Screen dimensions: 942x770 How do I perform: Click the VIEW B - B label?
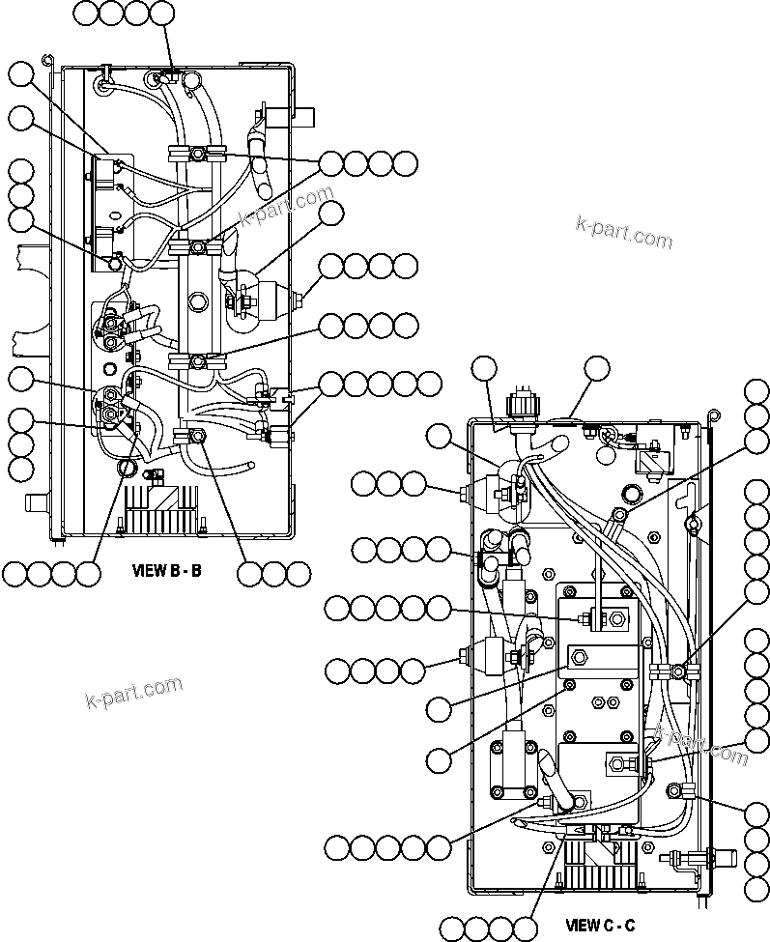pos(166,570)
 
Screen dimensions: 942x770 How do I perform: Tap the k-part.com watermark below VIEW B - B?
pos(133,692)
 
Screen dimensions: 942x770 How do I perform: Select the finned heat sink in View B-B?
pos(161,505)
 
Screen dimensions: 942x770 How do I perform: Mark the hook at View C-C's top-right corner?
pos(712,415)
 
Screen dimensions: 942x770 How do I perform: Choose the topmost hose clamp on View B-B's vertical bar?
pos(196,154)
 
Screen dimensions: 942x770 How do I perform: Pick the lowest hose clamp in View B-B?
pos(197,438)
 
